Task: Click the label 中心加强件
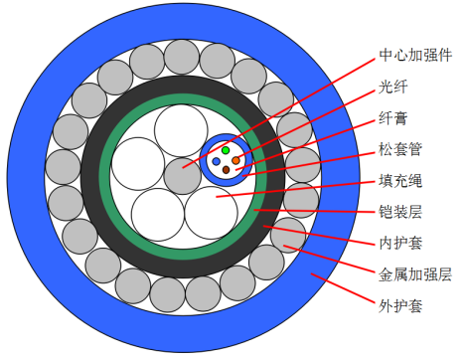[415, 55]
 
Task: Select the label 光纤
[393, 87]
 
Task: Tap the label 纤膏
[393, 118]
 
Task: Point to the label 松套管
[400, 149]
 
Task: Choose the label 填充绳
[400, 181]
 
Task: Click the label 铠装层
[400, 212]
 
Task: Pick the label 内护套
[400, 244]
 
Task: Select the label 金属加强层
[415, 274]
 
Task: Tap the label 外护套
[400, 306]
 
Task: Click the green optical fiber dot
[226, 150]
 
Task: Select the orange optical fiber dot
[235, 161]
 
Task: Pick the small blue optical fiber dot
[216, 161]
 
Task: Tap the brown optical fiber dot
[226, 170]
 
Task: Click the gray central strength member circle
[183, 176]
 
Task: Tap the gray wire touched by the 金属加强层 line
[288, 236]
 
